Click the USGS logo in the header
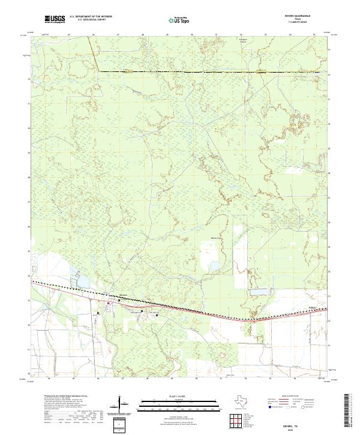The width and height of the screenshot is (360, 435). pos(55,20)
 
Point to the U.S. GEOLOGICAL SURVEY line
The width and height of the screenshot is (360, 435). pos(91,21)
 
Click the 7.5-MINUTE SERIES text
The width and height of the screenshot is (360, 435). pos(301,23)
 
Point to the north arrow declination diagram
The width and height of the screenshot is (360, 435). pos(124,407)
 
